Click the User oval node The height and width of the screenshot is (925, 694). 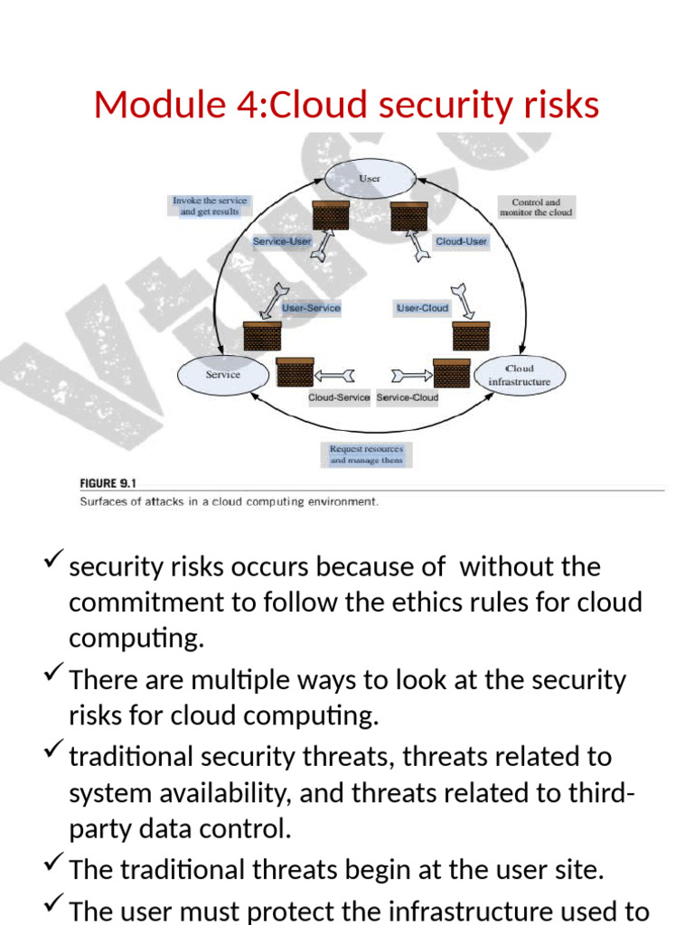click(370, 179)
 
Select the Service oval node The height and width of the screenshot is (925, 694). click(222, 375)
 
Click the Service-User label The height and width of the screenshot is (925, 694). click(282, 241)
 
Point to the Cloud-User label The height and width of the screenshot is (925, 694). click(461, 241)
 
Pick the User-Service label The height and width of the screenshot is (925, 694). click(311, 308)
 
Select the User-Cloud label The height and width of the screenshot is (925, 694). click(422, 308)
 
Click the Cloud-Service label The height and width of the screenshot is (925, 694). click(339, 397)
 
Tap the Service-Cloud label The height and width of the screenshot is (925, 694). click(408, 397)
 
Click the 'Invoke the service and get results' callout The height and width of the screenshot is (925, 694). click(210, 206)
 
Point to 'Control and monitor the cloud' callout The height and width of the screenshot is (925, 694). click(536, 208)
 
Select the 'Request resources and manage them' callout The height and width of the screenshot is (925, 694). click(366, 454)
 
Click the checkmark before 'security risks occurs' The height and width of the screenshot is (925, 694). click(52, 564)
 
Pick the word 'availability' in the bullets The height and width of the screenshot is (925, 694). click(222, 792)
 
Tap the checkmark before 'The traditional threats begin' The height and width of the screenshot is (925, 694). click(52, 867)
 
